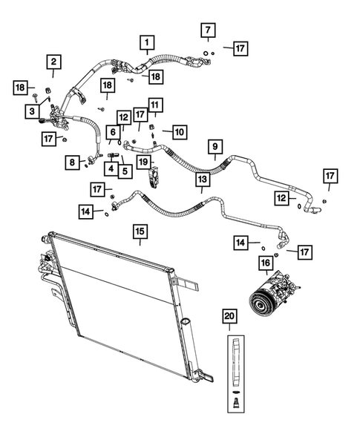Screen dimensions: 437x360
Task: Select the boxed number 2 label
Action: (x=54, y=62)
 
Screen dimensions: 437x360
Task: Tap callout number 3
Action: (x=32, y=111)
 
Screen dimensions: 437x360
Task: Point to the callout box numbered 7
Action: (x=209, y=30)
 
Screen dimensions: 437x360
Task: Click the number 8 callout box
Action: (x=72, y=161)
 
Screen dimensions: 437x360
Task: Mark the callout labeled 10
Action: (x=178, y=132)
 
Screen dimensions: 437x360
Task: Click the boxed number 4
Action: (x=109, y=169)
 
